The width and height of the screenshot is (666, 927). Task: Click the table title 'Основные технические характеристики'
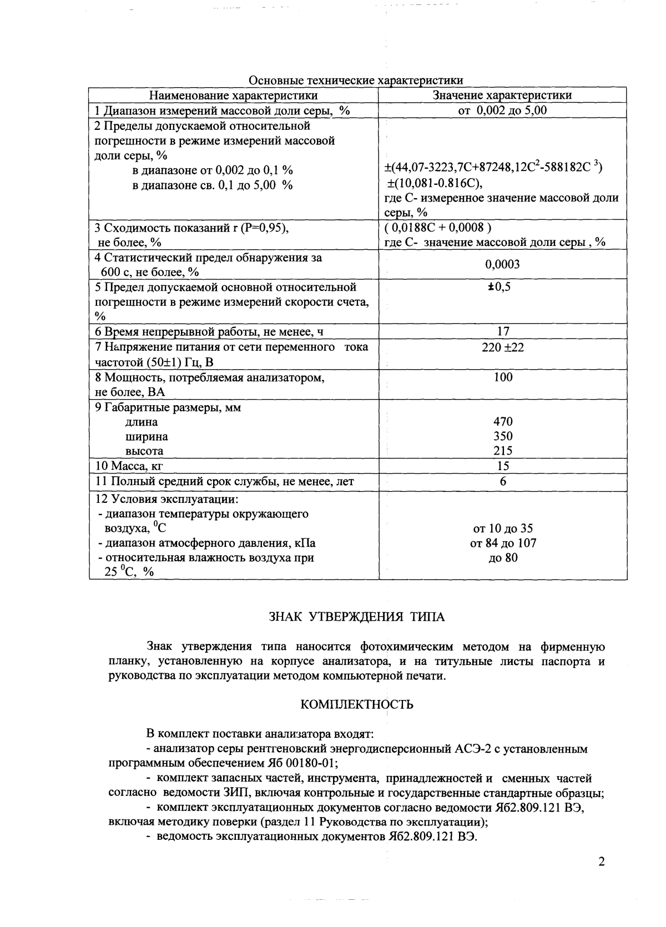click(356, 80)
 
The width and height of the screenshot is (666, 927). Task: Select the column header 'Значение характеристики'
click(502, 95)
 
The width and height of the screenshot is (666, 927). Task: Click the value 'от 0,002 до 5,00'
click(502, 110)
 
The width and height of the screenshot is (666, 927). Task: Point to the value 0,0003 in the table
click(502, 264)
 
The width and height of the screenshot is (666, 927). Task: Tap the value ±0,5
click(502, 287)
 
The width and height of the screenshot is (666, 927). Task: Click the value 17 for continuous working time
click(502, 331)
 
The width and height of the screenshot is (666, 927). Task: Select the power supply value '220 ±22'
click(503, 347)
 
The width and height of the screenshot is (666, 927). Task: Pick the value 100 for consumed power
click(503, 377)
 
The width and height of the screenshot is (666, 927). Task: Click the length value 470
click(503, 422)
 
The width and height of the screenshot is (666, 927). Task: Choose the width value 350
click(503, 436)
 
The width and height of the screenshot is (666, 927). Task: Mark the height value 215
click(503, 451)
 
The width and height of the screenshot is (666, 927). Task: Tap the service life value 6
click(503, 481)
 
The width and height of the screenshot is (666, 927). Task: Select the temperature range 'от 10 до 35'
click(503, 528)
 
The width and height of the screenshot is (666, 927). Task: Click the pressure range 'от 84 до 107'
click(503, 543)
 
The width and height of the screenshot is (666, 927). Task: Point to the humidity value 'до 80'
click(503, 557)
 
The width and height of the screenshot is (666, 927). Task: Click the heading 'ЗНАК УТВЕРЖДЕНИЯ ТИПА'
click(357, 617)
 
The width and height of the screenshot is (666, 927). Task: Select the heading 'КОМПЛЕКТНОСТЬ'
click(357, 704)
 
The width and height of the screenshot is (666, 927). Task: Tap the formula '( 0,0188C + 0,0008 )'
click(438, 227)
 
